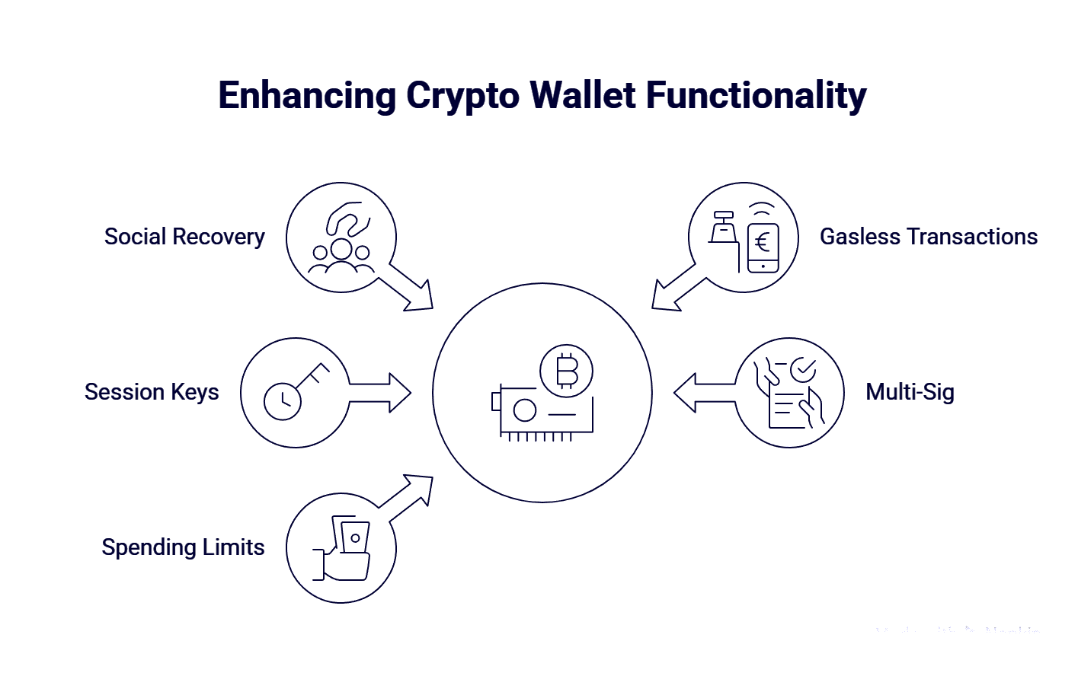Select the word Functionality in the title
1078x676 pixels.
pyautogui.click(x=756, y=97)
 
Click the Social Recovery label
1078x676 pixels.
pyautogui.click(x=184, y=237)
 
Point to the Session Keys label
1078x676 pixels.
pyautogui.click(x=152, y=392)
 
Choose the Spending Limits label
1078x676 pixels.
pyautogui.click(x=183, y=547)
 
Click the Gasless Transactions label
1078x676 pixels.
pyautogui.click(x=928, y=237)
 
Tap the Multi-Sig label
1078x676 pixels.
pyautogui.click(x=910, y=392)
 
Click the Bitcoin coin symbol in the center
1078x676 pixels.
pyautogui.click(x=566, y=371)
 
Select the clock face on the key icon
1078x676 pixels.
pyautogui.click(x=283, y=400)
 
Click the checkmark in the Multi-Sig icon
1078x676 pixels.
pyautogui.click(x=802, y=370)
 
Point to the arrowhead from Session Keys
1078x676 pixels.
pyautogui.click(x=399, y=392)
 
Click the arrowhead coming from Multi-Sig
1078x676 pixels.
pyautogui.click(x=686, y=392)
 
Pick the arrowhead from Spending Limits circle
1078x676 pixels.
pyautogui.click(x=418, y=487)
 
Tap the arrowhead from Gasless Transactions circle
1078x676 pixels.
pyautogui.click(x=667, y=298)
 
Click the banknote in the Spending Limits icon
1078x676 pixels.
pyautogui.click(x=354, y=537)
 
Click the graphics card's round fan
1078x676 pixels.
pyautogui.click(x=525, y=411)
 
